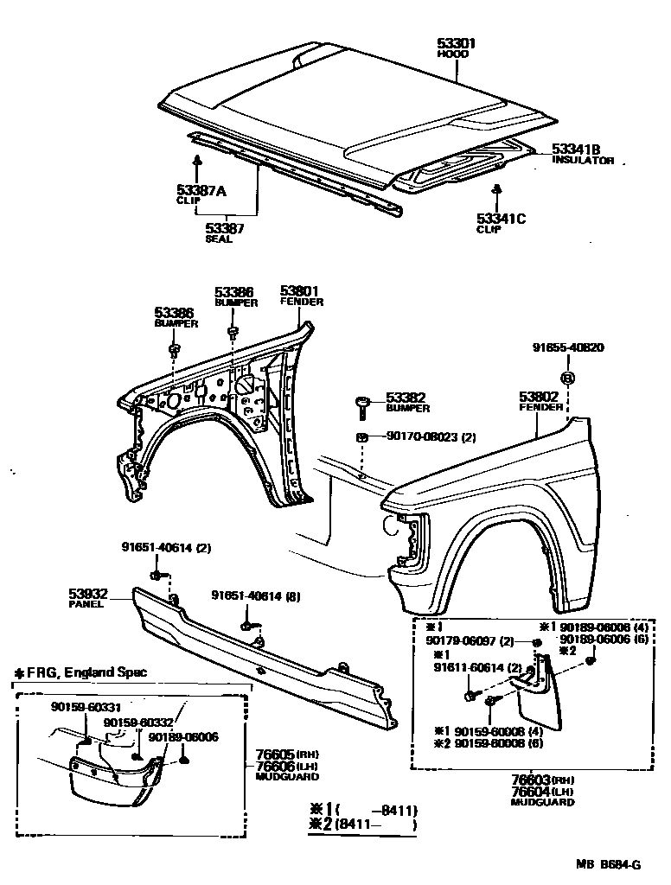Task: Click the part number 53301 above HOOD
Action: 456,43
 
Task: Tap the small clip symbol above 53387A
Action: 198,160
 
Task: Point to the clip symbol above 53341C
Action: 497,189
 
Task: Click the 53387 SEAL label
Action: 224,229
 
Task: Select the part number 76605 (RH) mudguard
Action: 275,754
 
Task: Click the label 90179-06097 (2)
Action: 470,640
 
